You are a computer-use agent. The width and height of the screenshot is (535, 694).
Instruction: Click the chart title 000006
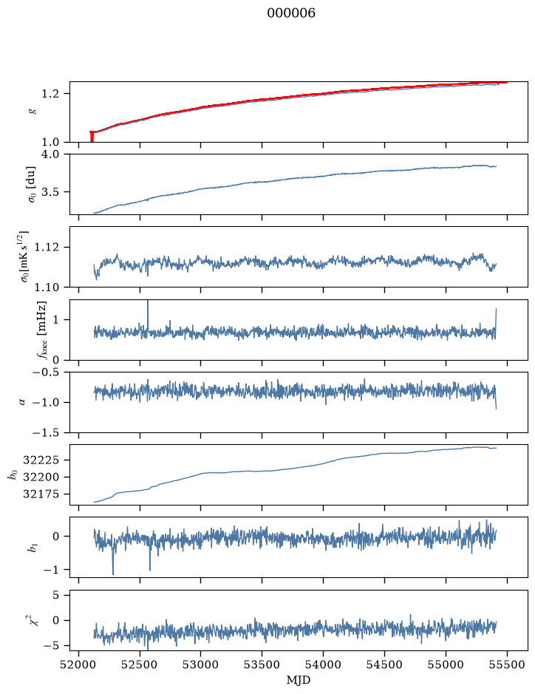coord(290,13)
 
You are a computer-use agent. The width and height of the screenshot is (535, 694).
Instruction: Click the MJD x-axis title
coord(299,680)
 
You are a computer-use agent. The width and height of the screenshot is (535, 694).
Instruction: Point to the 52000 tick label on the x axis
coord(79,664)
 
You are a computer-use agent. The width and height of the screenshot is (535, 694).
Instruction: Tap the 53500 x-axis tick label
coord(262,664)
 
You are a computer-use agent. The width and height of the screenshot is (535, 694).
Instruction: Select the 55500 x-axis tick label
coord(507,664)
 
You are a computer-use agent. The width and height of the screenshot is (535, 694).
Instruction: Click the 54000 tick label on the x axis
coord(323,664)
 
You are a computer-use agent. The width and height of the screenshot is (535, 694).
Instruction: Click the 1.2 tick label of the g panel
coord(50,94)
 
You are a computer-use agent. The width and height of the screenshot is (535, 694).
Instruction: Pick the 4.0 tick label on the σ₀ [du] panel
coord(50,154)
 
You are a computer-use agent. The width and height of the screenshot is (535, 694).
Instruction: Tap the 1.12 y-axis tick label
coord(47,247)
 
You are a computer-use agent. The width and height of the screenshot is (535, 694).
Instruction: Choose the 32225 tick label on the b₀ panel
coord(41,460)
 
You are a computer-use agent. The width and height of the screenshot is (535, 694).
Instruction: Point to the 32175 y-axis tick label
coord(41,494)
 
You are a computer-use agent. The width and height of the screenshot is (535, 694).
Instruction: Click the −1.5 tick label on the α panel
coord(46,432)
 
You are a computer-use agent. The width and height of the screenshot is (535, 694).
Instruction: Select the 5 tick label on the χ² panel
coord(55,595)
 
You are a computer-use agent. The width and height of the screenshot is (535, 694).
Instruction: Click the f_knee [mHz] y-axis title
coord(41,330)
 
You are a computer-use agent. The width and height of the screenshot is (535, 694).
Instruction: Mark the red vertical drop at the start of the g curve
coord(92,137)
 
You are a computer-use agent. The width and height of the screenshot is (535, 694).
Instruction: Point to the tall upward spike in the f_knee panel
coord(148,315)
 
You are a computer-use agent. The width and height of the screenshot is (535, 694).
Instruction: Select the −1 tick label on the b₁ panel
coord(51,570)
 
